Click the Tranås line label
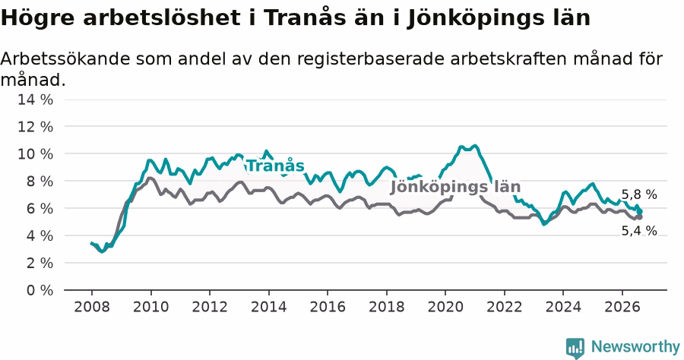(x=275, y=166)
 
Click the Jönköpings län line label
(x=455, y=187)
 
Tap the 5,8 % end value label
(x=639, y=195)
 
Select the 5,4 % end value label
(x=639, y=231)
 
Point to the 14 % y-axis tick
(x=35, y=99)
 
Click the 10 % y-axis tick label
(x=35, y=154)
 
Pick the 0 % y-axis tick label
(x=40, y=290)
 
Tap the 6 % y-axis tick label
(x=40, y=208)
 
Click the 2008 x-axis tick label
(x=92, y=307)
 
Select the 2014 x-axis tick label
(x=269, y=307)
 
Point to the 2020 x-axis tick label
(x=445, y=307)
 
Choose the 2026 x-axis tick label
(x=622, y=307)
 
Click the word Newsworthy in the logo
(x=635, y=347)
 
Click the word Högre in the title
(x=37, y=18)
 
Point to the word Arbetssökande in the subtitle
(x=65, y=58)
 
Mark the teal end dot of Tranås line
(x=639, y=211)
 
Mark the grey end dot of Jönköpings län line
(x=639, y=217)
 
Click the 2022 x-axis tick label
(x=505, y=307)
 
